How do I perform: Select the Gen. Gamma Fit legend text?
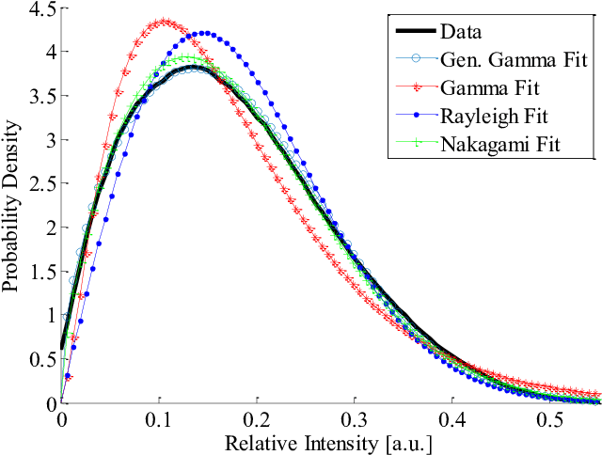point(515,59)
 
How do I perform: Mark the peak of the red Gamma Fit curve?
point(165,21)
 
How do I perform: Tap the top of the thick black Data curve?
point(193,67)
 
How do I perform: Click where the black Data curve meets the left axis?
point(62,345)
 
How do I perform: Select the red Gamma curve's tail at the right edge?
point(596,393)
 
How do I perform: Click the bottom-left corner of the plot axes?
point(61,403)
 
